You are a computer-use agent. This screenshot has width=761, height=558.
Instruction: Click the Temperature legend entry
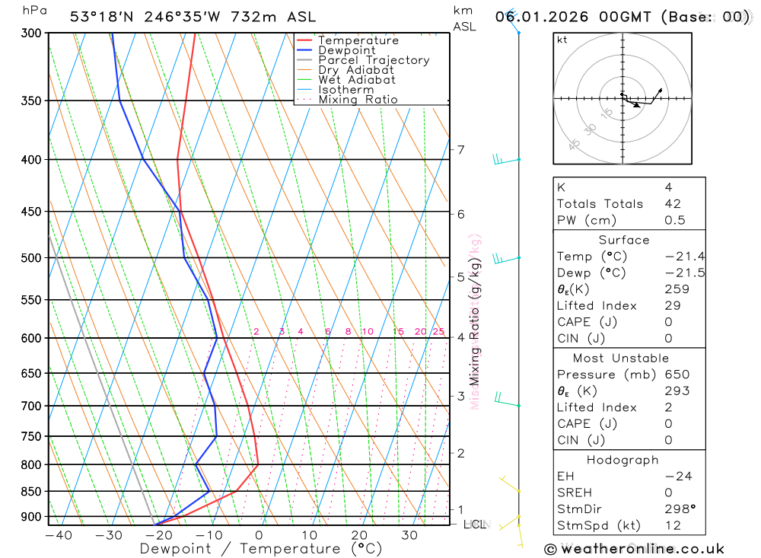(x=358, y=40)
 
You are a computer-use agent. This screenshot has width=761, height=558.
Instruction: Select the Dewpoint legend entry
(x=346, y=50)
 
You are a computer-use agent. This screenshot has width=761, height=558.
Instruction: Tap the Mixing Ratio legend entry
(x=358, y=99)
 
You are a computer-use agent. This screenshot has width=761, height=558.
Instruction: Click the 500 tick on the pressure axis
(x=30, y=258)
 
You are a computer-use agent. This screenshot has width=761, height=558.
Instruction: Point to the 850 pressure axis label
(x=30, y=492)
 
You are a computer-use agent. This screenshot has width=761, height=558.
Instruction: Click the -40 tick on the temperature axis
(x=59, y=535)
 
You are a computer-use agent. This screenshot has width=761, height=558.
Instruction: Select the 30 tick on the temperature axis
(x=409, y=535)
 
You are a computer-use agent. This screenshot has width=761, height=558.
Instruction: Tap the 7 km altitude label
(x=461, y=150)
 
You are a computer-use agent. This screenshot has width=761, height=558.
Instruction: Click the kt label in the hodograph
(x=562, y=40)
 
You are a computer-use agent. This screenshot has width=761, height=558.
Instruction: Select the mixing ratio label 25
(x=438, y=331)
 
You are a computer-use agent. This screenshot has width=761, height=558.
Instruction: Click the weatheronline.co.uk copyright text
(x=634, y=549)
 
